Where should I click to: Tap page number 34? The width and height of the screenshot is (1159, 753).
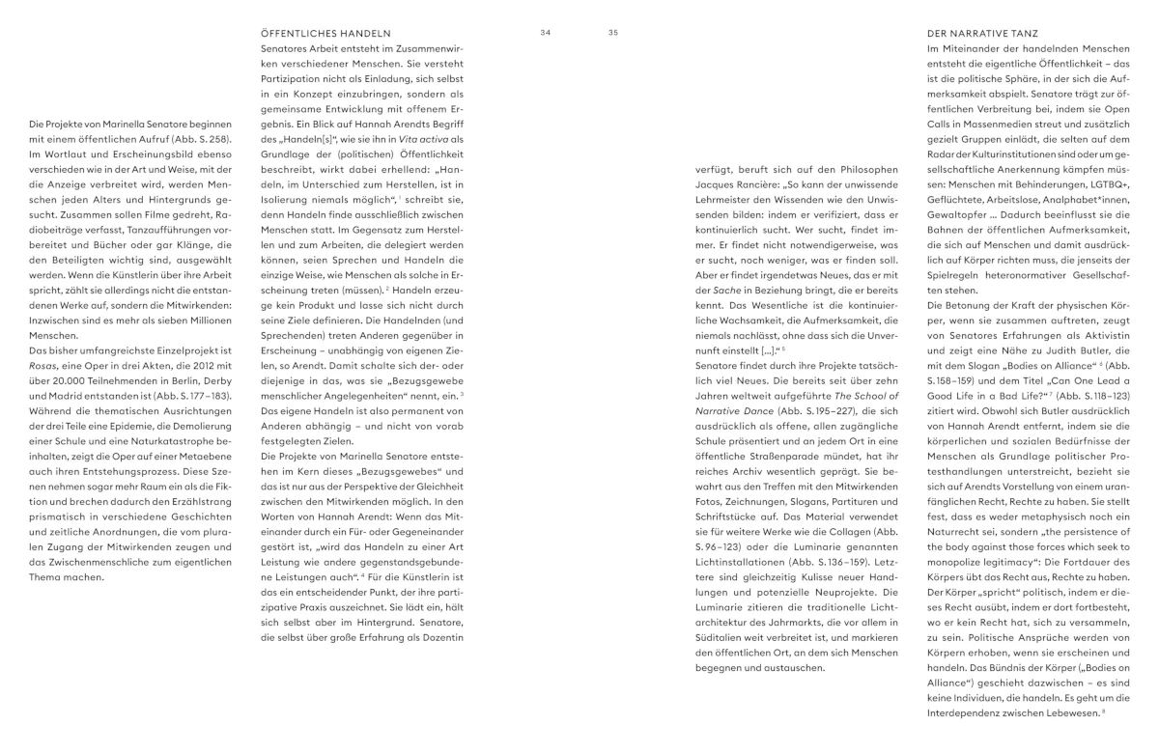coord(546,32)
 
